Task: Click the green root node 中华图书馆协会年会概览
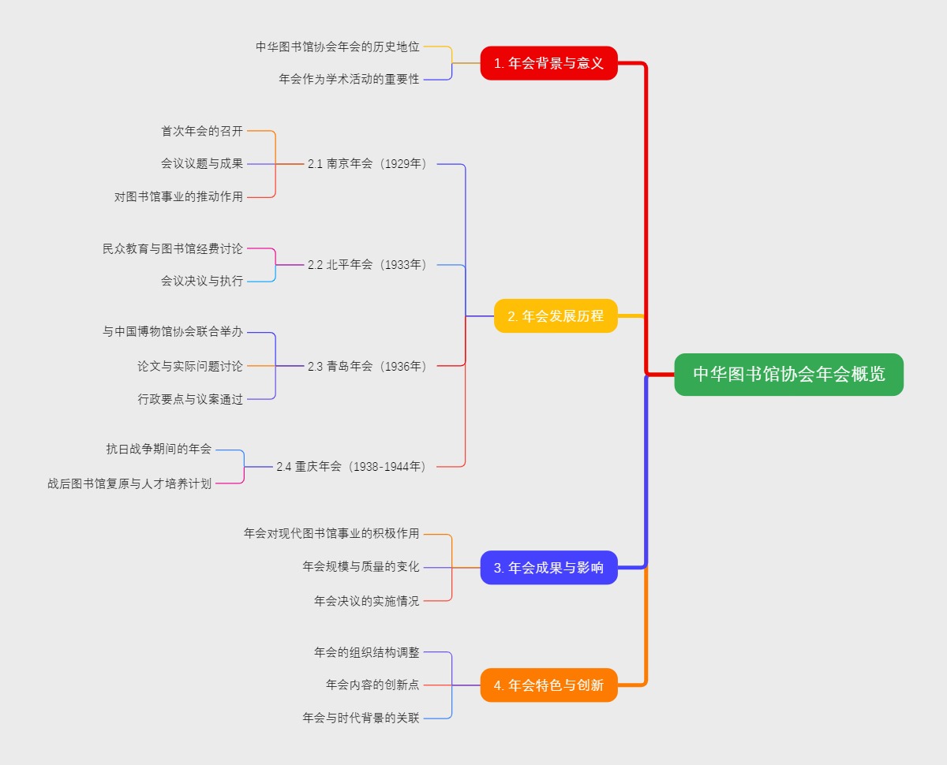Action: pos(788,375)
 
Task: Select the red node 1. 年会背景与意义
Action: pos(548,63)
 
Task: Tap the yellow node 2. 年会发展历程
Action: pos(556,315)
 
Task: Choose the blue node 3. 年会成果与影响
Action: pos(548,567)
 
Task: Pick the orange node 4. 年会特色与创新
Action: pos(548,685)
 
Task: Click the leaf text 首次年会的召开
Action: pos(202,131)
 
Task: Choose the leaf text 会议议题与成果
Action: pos(202,164)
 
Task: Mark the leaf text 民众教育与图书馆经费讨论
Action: pos(173,248)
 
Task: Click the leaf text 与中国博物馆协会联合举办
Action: pos(173,332)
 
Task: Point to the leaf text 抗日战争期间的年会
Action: pos(159,449)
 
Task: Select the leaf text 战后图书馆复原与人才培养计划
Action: pos(129,483)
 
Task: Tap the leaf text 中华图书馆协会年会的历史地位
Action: pos(337,47)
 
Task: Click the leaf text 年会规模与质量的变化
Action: pos(361,567)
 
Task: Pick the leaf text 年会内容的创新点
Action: pos(372,685)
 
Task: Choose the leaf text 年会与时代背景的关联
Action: pos(361,718)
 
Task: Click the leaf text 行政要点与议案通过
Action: pos(190,399)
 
